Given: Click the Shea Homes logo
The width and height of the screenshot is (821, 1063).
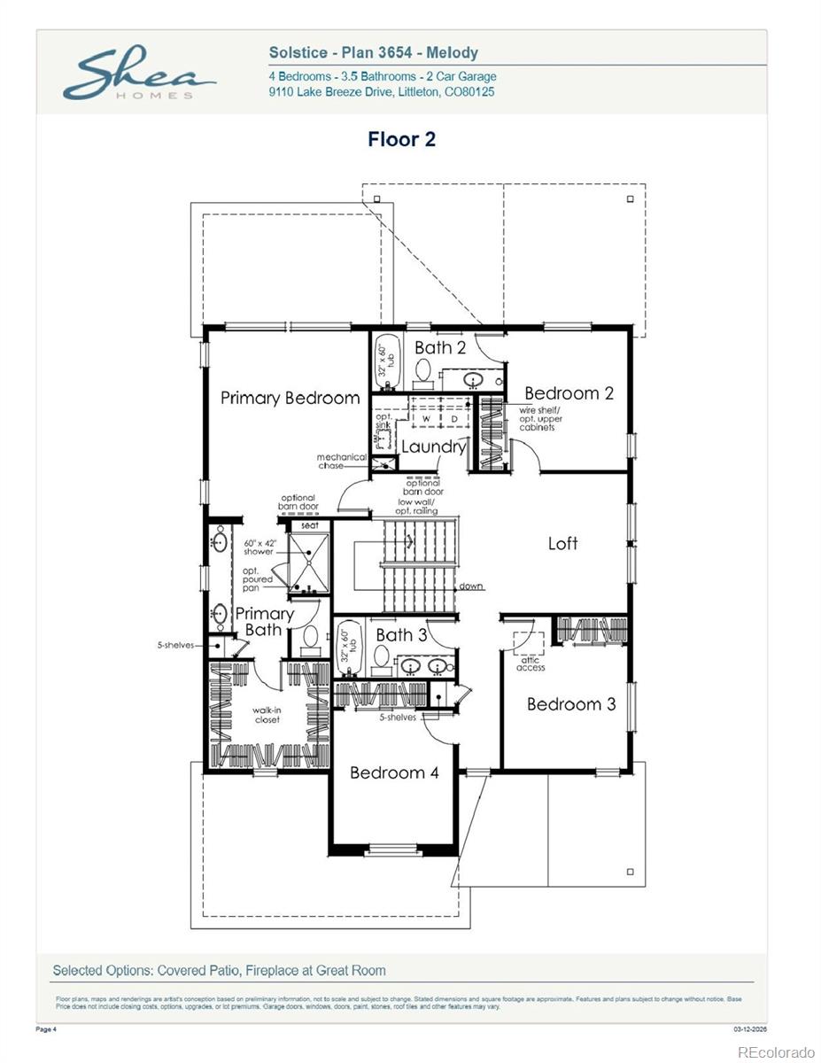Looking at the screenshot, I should point(137,75).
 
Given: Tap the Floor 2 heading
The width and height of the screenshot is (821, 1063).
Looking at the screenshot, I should point(401,139).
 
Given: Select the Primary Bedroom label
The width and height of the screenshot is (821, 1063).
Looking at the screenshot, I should point(290,398).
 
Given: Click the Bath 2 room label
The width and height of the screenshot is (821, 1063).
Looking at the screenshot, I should point(440,347).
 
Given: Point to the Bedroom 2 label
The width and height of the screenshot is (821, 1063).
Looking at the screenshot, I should point(569,393).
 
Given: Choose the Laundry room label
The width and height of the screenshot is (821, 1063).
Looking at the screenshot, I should point(433,446).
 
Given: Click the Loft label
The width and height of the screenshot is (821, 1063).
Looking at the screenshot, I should point(562,543).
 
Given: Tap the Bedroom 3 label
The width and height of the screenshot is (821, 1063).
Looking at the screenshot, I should point(571,704).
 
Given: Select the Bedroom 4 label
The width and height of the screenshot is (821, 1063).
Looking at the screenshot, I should point(394,772).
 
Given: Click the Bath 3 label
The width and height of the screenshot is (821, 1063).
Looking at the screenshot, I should point(401,634).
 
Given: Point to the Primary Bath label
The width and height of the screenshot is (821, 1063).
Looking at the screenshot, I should point(264,621).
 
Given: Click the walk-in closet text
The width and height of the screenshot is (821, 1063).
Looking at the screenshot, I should point(267,714).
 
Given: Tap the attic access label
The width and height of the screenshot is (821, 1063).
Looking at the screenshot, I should point(531,663).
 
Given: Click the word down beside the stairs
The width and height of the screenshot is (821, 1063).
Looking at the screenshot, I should point(472,586).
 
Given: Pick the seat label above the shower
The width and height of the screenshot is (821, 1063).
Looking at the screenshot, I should point(310,525).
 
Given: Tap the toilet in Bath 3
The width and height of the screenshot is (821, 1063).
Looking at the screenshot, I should point(382,656).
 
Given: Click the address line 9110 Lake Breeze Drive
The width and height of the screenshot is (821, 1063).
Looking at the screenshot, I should point(382,91).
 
